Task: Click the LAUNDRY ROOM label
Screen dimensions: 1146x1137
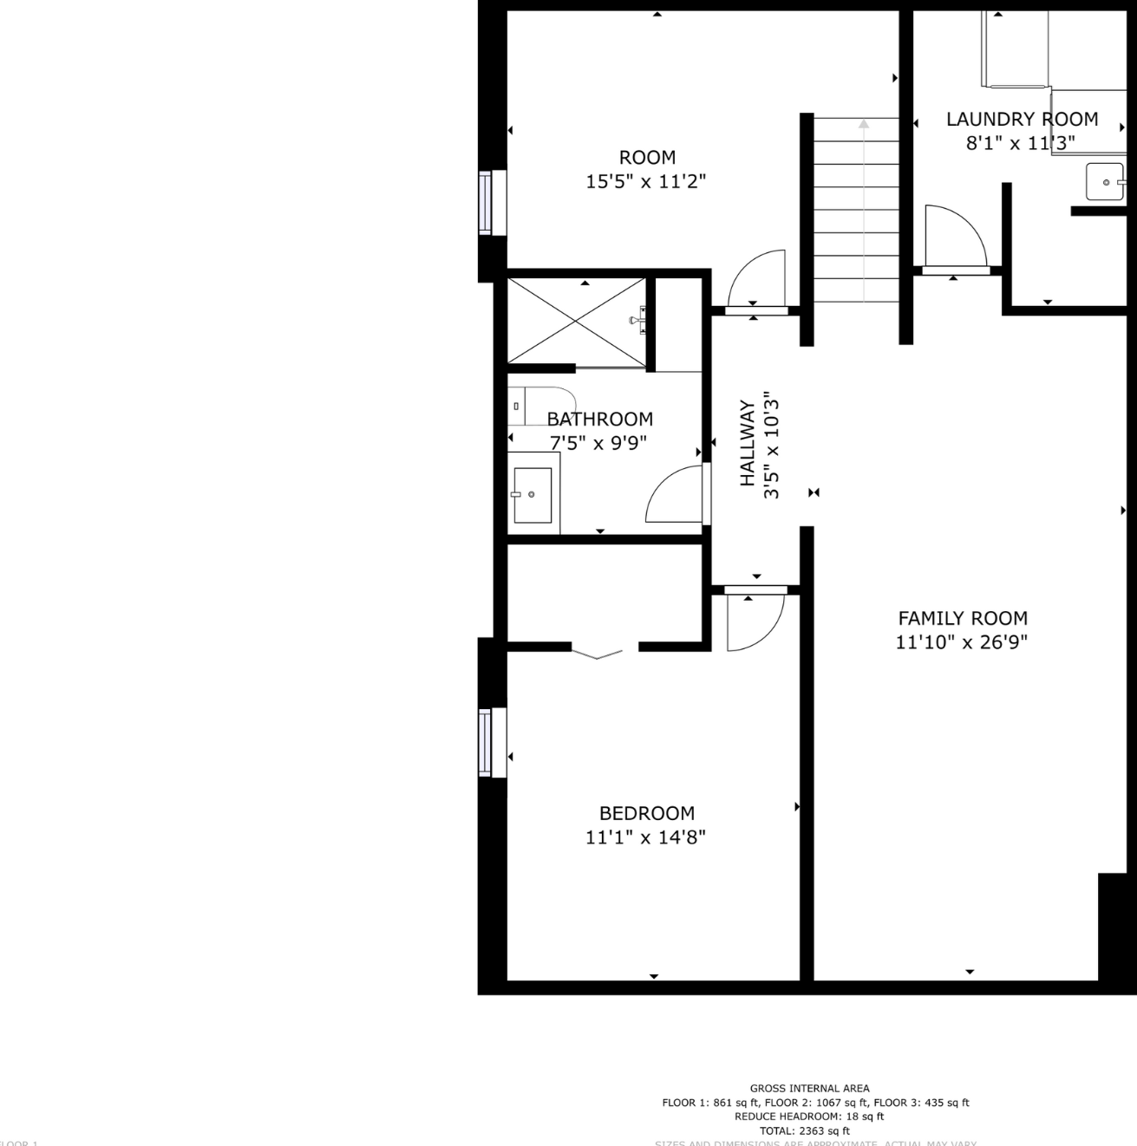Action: coord(1022,120)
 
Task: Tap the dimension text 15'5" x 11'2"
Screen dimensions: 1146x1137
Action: coord(646,182)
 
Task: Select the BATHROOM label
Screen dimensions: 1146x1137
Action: coord(599,420)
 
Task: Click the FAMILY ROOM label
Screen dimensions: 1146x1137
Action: coord(963,619)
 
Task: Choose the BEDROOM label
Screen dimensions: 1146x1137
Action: coord(647,814)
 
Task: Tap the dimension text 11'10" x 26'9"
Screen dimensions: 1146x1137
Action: coord(962,642)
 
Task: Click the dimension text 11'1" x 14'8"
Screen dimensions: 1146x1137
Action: coord(646,837)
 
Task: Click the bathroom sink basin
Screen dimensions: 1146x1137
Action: coord(532,495)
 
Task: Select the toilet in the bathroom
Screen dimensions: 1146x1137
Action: coord(529,405)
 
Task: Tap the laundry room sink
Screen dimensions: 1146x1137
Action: coord(1105,182)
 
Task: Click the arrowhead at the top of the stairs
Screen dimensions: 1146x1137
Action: coord(864,124)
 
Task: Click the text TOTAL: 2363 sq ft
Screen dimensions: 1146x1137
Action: coord(804,1130)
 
